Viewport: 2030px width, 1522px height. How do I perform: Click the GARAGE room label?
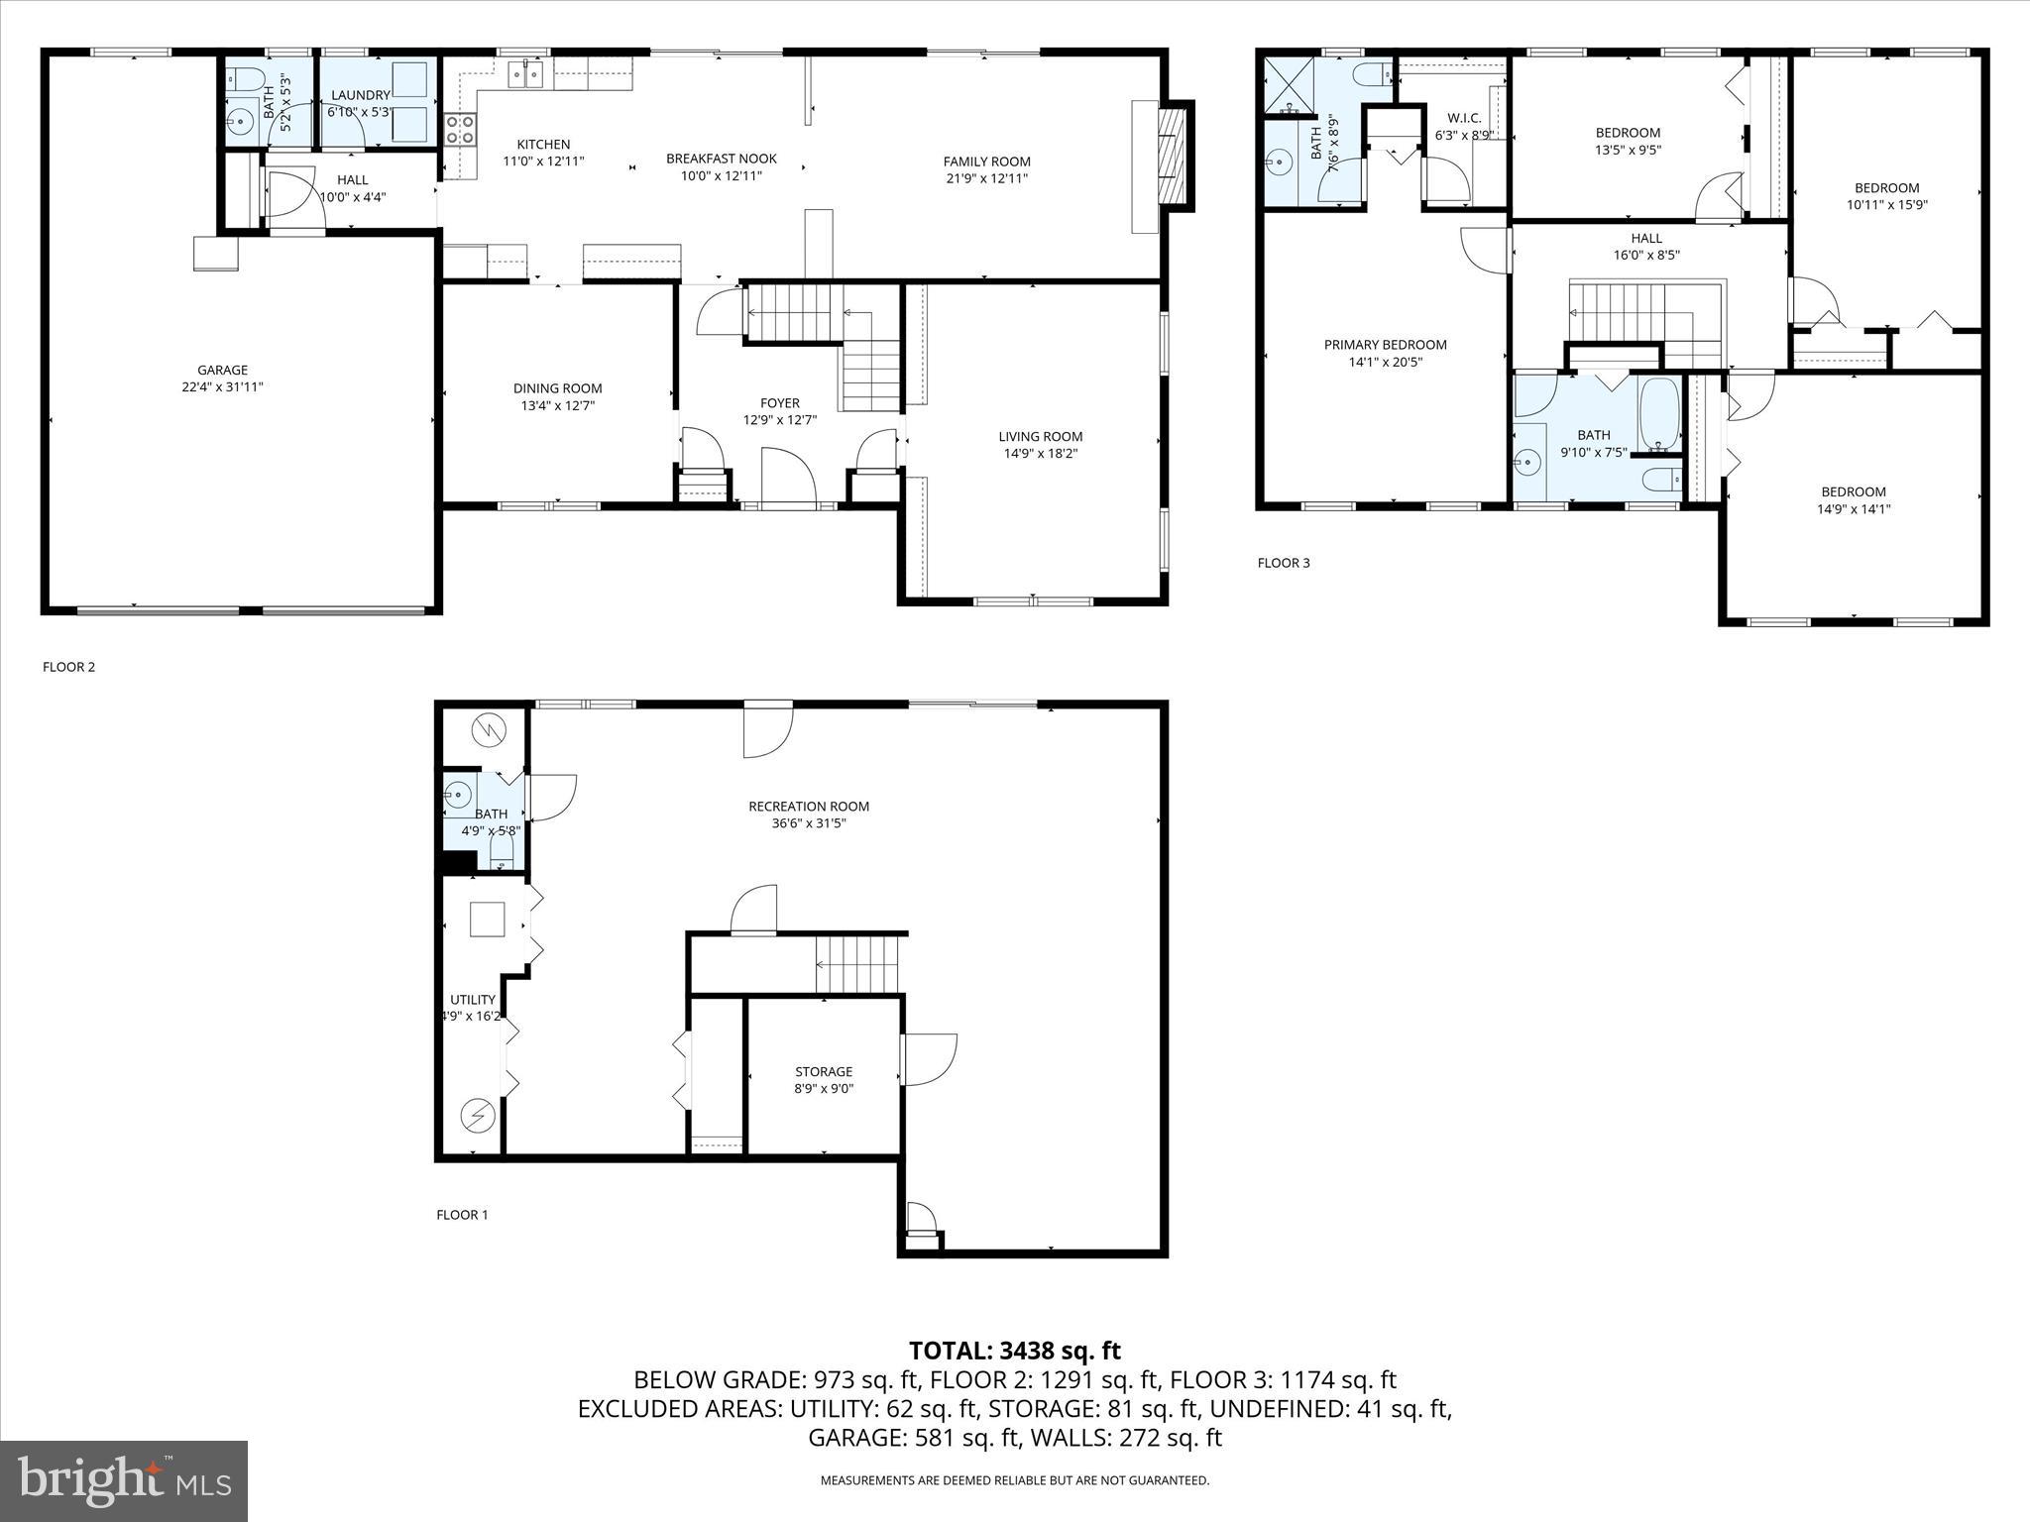click(222, 370)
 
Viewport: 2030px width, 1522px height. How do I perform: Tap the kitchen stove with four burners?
click(460, 130)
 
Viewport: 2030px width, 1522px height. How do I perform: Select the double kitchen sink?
click(525, 73)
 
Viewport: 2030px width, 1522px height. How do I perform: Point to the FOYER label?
click(780, 403)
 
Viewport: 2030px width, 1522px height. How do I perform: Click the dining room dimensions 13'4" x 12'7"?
click(557, 405)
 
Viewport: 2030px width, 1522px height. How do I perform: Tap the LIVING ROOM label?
click(1040, 436)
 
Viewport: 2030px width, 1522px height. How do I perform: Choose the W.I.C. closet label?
click(1464, 118)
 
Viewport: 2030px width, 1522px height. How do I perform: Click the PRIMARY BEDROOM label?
click(1385, 345)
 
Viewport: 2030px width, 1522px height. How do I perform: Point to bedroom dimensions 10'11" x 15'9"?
click(1886, 205)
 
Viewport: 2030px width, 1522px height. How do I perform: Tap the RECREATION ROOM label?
click(809, 806)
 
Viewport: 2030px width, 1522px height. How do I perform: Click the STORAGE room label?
click(823, 1071)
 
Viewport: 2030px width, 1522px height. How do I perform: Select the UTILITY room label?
click(472, 999)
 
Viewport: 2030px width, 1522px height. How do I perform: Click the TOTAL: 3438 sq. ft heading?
click(1014, 1350)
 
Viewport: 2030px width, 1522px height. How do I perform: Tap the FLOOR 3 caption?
click(1283, 563)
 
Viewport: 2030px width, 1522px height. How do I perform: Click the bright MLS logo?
click(124, 1481)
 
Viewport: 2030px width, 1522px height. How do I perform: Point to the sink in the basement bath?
click(458, 793)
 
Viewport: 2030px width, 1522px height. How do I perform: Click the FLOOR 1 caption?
click(462, 1215)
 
